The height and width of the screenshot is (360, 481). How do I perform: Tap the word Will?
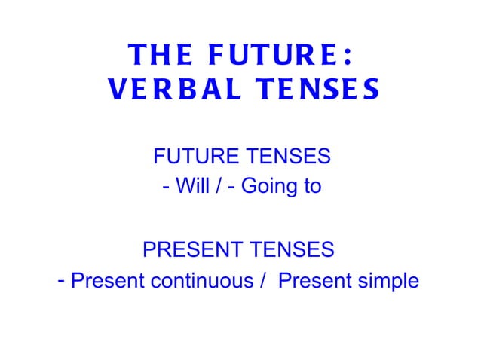point(191,186)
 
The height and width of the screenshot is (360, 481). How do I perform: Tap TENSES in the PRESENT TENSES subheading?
point(292,249)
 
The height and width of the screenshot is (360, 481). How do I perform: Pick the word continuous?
point(202,281)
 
